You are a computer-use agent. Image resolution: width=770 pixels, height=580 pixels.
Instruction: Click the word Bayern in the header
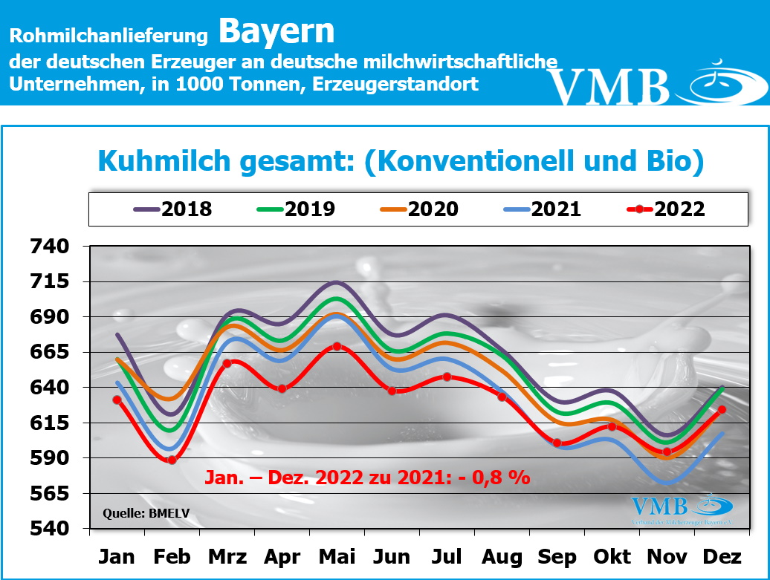[276, 31]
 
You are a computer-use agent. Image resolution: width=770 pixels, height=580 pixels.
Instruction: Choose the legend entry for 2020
[419, 209]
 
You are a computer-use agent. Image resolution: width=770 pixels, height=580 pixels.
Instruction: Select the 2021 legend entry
[543, 209]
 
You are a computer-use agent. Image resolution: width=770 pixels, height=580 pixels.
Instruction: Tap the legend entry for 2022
[665, 209]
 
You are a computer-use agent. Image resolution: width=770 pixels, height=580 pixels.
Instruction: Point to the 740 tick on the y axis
[48, 247]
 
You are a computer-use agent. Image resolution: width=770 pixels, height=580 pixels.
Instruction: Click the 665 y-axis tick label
[48, 353]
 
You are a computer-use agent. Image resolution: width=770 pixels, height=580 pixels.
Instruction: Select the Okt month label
[612, 557]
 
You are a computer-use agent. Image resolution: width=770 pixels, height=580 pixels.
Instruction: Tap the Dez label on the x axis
[722, 557]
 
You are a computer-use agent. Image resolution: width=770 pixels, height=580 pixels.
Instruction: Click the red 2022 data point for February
[172, 460]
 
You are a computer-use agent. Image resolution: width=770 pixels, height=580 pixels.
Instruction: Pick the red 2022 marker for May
[337, 346]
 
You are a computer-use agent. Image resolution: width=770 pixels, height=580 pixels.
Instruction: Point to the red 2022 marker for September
[557, 443]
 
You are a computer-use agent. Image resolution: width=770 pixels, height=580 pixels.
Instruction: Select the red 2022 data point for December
[722, 409]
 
